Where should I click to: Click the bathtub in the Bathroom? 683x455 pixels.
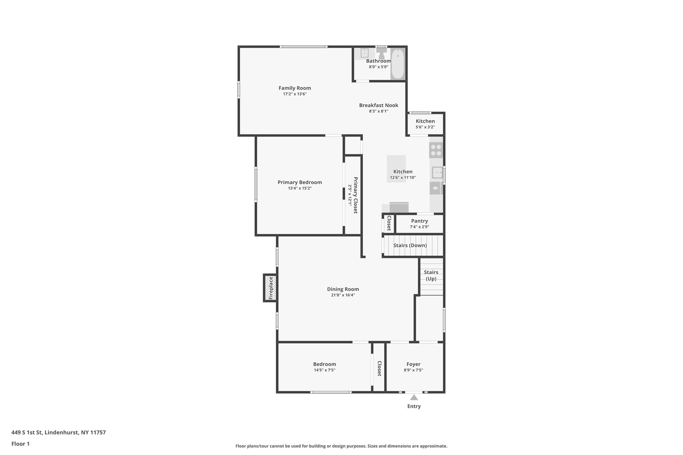click(398, 64)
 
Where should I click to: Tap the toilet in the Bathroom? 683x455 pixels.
click(382, 53)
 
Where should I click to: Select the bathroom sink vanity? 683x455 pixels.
click(364, 53)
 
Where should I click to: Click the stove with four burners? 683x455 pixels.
click(436, 150)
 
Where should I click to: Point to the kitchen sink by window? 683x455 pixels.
click(437, 173)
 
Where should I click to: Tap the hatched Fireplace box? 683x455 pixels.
click(270, 288)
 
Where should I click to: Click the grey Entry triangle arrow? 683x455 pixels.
click(414, 397)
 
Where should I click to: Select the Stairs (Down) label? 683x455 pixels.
click(410, 245)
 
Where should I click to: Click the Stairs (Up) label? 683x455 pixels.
click(431, 275)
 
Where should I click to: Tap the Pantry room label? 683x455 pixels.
click(420, 221)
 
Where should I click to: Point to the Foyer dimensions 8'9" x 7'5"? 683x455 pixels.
click(414, 370)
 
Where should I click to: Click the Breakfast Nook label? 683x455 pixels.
click(379, 105)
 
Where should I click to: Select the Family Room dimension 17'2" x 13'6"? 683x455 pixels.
click(295, 94)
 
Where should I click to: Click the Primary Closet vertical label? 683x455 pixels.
click(356, 195)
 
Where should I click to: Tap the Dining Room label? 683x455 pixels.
click(343, 289)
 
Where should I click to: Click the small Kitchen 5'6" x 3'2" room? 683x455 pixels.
click(425, 124)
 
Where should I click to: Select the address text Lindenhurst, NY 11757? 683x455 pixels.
click(75, 433)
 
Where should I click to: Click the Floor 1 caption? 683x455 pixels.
click(21, 444)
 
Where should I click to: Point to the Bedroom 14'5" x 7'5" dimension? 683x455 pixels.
click(324, 370)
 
